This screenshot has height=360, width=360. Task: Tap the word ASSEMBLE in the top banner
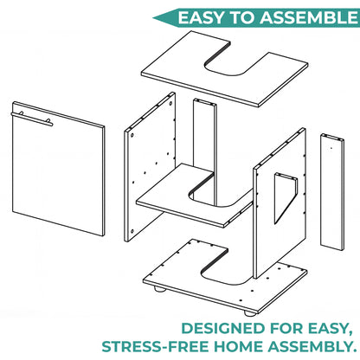309,17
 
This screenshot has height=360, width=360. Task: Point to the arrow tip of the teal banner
153,18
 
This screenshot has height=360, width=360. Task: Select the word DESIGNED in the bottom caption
223,329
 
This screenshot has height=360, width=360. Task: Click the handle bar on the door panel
32,119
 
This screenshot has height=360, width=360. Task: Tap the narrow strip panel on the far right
332,192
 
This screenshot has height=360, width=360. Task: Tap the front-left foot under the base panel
159,289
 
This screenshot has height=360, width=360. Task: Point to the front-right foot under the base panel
250,313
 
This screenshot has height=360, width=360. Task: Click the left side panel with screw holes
150,167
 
